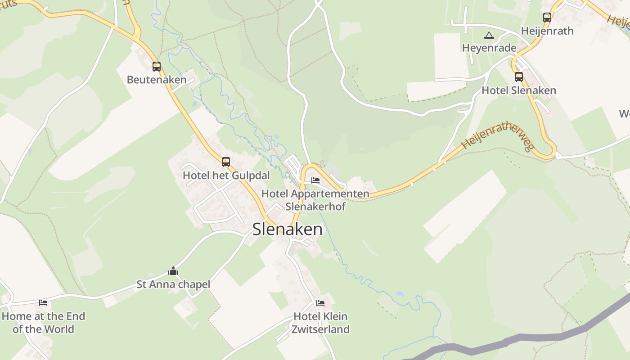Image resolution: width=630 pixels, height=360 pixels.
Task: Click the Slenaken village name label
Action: tap(287, 229)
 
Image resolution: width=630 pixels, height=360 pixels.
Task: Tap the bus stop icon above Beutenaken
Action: tap(157, 67)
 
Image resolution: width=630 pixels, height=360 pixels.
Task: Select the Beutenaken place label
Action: tap(157, 80)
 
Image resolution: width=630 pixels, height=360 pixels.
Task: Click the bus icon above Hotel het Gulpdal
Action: tap(226, 162)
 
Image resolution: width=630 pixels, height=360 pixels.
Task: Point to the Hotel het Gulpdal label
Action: tap(226, 175)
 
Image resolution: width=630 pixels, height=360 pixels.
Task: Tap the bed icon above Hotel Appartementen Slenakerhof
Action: tap(315, 180)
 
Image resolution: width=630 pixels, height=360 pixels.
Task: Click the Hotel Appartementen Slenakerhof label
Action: tap(315, 200)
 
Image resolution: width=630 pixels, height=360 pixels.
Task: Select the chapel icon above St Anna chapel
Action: tap(173, 271)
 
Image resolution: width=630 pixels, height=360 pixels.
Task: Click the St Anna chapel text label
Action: tap(173, 284)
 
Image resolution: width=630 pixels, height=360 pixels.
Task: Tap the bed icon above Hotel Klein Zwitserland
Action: tap(320, 303)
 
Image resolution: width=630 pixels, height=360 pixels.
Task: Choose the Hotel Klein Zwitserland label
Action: tap(320, 323)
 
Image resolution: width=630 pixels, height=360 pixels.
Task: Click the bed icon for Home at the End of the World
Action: tap(43, 302)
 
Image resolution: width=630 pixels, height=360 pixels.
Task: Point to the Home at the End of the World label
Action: tap(43, 323)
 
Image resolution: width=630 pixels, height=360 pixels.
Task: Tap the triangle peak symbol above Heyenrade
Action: tap(489, 35)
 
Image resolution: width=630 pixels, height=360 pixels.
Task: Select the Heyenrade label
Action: tap(489, 48)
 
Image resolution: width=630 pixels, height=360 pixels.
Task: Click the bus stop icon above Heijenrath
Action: tap(547, 18)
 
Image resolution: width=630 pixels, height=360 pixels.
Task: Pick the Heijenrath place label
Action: tap(547, 31)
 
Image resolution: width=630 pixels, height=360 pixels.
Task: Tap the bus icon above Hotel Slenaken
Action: tap(519, 77)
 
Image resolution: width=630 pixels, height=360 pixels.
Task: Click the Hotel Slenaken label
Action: tap(519, 90)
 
